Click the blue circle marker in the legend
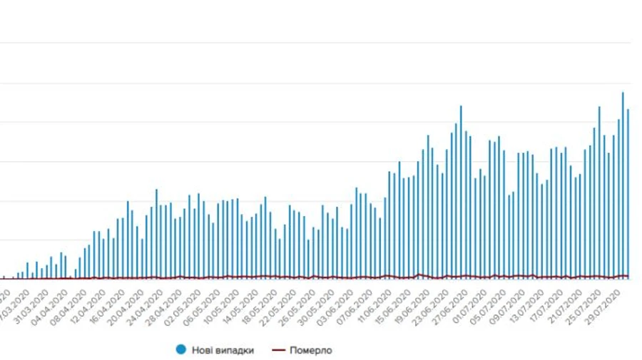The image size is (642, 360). click(182, 349)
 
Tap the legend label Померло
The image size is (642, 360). click(312, 349)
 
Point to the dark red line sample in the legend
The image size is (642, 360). click(279, 349)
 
